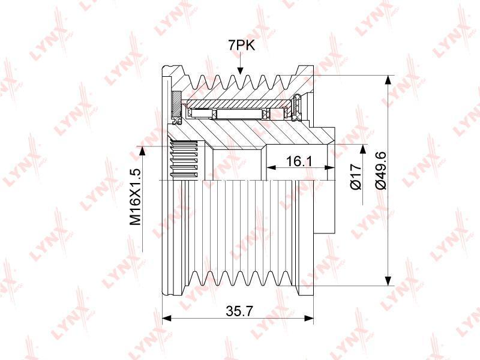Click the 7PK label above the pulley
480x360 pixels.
coord(241,46)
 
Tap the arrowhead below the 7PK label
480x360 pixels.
coord(241,70)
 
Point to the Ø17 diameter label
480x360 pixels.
coord(355,176)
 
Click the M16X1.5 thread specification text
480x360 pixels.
coord(135,197)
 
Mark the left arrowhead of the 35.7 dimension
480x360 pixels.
coord(166,319)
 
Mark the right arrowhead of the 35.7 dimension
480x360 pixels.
coord(309,319)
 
